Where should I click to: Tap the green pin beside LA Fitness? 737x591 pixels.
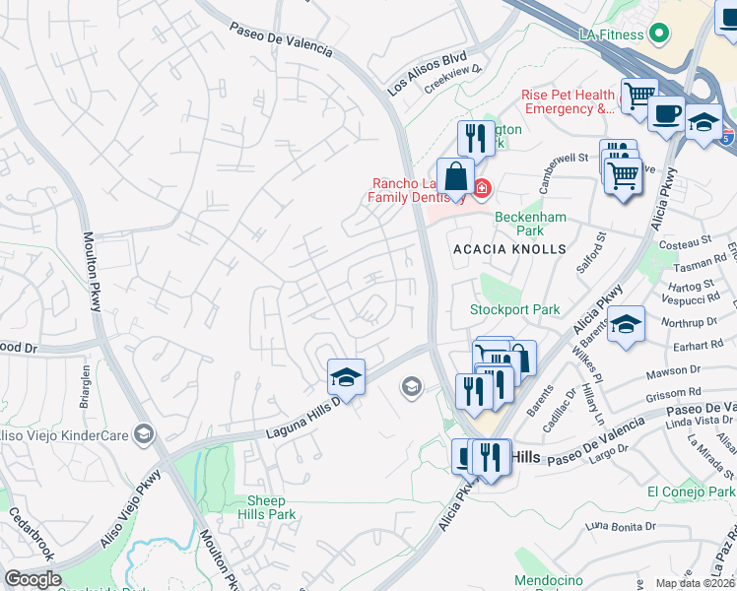point(659,33)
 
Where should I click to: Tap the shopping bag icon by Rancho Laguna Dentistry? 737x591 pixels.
point(455,177)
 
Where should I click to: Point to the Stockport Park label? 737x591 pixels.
point(514,309)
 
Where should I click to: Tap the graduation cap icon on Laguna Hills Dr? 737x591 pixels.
point(346,376)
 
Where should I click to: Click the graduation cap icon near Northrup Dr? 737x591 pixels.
point(626,324)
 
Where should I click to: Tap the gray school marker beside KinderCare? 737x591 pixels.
point(144,433)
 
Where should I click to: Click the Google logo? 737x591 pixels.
point(33,579)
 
